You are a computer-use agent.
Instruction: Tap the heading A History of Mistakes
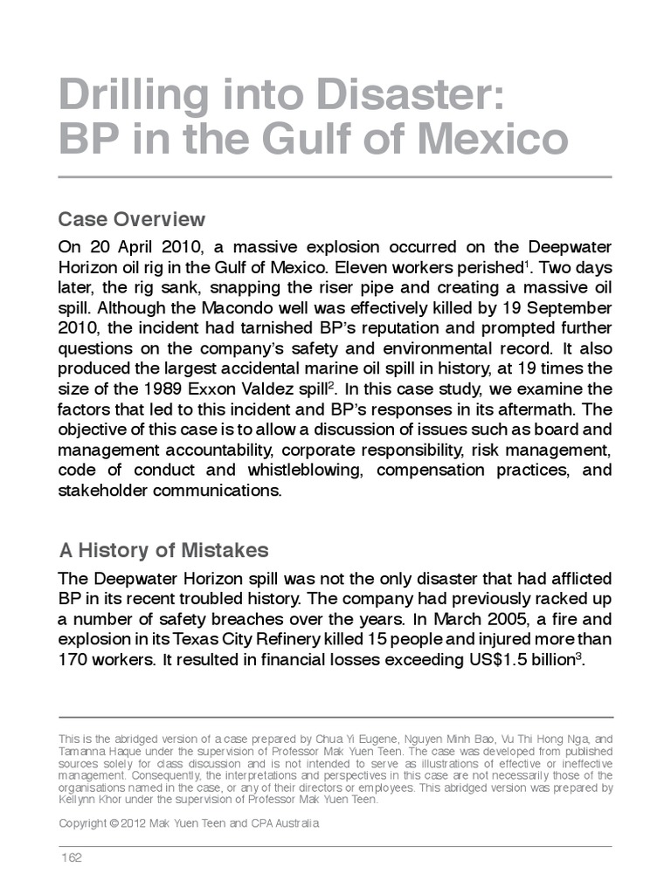tap(163, 551)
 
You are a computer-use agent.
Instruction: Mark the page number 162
tap(71, 857)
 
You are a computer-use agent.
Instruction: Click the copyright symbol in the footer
tap(119, 823)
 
